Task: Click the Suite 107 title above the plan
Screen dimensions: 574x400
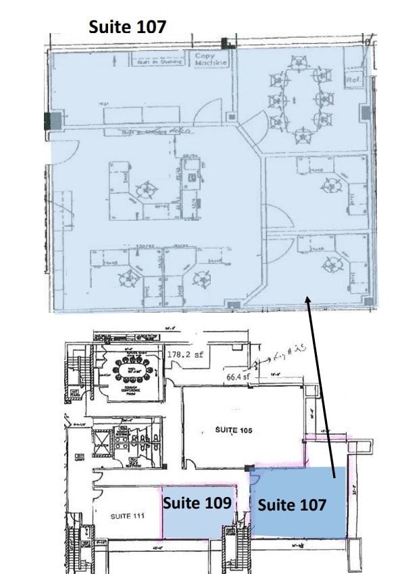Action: click(128, 26)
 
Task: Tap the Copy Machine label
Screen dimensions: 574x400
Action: click(210, 59)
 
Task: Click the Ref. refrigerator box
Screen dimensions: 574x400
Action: click(353, 79)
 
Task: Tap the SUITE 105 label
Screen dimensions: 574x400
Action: click(234, 429)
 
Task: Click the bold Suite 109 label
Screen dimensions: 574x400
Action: click(197, 503)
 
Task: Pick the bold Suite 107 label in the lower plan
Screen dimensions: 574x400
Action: click(292, 504)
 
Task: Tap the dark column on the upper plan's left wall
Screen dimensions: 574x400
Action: click(53, 122)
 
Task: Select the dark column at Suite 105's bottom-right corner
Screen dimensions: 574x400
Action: click(250, 468)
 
